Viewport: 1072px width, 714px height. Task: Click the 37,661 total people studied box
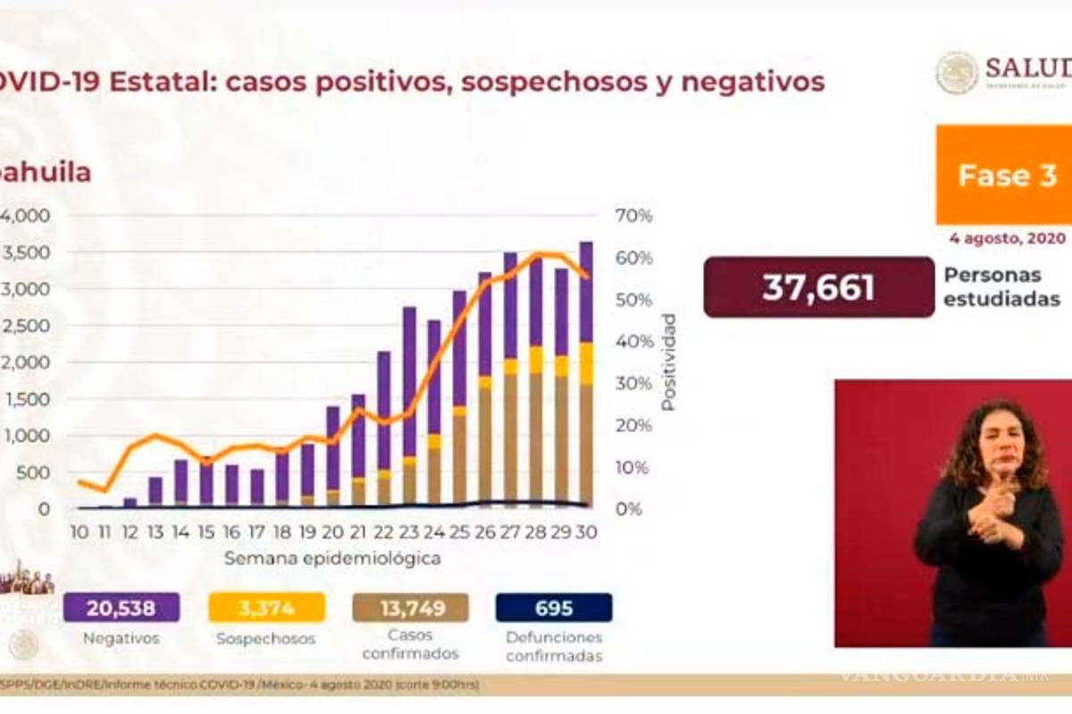pyautogui.click(x=818, y=287)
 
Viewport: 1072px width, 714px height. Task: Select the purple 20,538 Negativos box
pyautogui.click(x=121, y=608)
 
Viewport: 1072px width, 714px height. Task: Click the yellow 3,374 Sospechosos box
pyautogui.click(x=266, y=608)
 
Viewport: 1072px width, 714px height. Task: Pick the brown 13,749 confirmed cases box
pyautogui.click(x=410, y=608)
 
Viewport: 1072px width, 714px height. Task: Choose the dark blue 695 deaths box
pyautogui.click(x=554, y=608)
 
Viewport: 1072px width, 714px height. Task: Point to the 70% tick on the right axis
pyautogui.click(x=633, y=216)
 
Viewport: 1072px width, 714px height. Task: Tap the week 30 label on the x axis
pyautogui.click(x=586, y=531)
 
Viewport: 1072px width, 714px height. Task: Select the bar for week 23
pyautogui.click(x=409, y=407)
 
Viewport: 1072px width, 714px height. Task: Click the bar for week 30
pyautogui.click(x=586, y=375)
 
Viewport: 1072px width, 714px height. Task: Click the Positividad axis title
pyautogui.click(x=668, y=361)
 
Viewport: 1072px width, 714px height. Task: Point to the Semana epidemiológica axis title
pyautogui.click(x=332, y=559)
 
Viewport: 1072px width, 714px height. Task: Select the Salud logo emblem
pyautogui.click(x=957, y=73)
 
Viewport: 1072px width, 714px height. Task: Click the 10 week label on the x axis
pyautogui.click(x=80, y=531)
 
